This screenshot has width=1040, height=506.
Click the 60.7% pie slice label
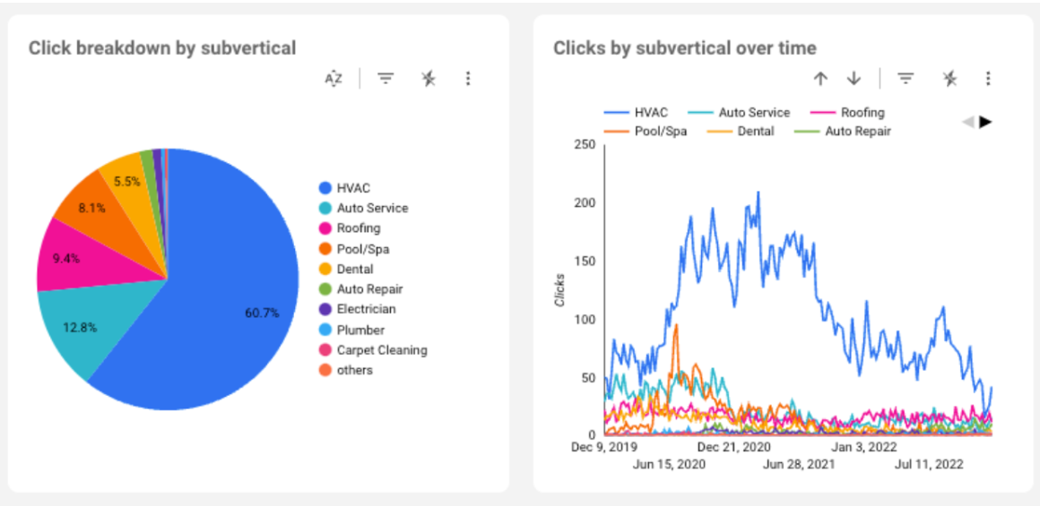262,313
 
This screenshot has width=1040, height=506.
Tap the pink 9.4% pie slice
66,260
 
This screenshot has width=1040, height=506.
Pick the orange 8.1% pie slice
91,208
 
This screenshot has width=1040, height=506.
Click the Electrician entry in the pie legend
366,309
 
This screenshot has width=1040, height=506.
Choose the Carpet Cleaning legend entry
381,350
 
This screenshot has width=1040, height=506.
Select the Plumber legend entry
360,330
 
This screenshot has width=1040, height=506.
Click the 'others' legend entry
354,370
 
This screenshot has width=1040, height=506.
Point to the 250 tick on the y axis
583,145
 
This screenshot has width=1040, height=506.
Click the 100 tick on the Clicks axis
583,320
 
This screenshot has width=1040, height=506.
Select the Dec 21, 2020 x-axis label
734,446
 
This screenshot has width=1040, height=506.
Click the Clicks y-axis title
560,289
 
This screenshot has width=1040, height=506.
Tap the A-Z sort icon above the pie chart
334,79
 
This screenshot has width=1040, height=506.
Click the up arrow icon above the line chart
819,79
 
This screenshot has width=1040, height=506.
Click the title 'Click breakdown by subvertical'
162,47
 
